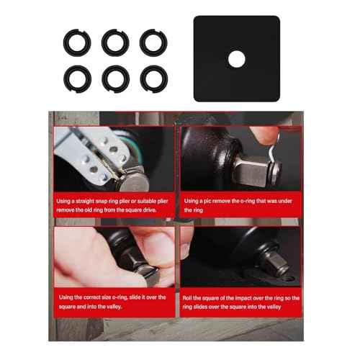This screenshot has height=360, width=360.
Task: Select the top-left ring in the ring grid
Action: click(x=76, y=42)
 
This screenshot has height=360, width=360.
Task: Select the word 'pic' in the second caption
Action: click(x=213, y=201)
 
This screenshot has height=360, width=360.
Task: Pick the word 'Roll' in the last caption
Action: click(x=190, y=297)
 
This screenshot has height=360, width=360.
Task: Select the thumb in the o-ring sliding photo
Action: click(x=155, y=248)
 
